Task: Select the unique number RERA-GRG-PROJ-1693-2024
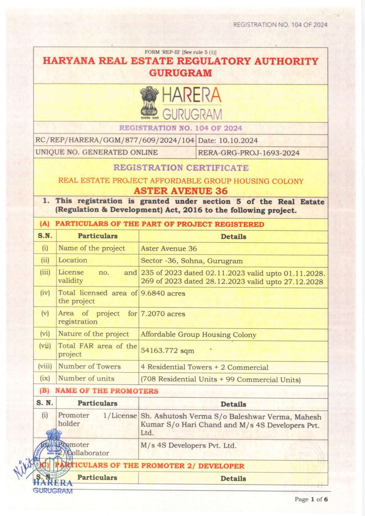point(249,153)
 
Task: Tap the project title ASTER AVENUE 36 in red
point(181,191)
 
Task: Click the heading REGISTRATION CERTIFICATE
point(181,168)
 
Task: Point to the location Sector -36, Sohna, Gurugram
point(192,261)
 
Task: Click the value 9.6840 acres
point(163,293)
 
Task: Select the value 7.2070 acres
point(163,314)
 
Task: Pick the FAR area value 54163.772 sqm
point(167,350)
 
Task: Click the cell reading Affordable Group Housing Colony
point(198,335)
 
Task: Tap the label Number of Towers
point(89,366)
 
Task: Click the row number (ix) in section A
point(45,378)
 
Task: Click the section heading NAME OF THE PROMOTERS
point(107,391)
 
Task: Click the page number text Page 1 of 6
point(311,499)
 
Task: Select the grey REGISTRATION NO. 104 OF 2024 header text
point(280,25)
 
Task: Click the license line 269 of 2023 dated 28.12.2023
point(232,281)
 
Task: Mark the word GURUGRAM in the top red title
point(180,73)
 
